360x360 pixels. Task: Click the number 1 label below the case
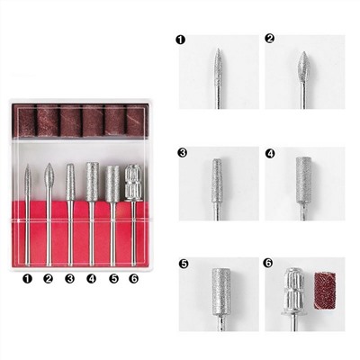click(x=27, y=279)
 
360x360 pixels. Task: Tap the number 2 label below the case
click(x=48, y=279)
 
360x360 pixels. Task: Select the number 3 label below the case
click(x=69, y=279)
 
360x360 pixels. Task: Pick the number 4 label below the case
click(x=91, y=279)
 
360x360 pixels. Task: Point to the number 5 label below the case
click(x=113, y=279)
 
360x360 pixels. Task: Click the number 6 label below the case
click(x=134, y=279)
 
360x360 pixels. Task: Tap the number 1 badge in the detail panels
click(x=181, y=40)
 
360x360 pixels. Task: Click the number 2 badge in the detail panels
click(x=270, y=39)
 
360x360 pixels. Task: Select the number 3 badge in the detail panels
click(x=183, y=153)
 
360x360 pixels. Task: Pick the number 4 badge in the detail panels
click(x=270, y=154)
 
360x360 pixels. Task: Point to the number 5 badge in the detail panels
click(x=184, y=264)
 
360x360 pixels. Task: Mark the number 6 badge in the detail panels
click(x=268, y=263)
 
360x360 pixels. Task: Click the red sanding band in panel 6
click(x=325, y=291)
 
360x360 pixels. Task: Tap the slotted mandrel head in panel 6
click(x=294, y=291)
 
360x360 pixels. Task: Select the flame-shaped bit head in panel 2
click(x=304, y=67)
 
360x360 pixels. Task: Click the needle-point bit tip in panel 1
click(x=218, y=49)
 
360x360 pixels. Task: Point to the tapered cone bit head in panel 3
click(x=217, y=181)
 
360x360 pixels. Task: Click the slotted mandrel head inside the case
click(x=132, y=183)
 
